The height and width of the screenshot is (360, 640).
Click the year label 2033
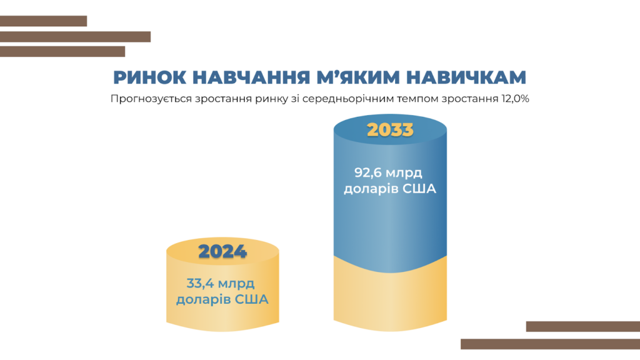pyautogui.click(x=390, y=130)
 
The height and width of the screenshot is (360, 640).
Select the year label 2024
pyautogui.click(x=222, y=251)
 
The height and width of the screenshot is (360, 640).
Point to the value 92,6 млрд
pyautogui.click(x=388, y=172)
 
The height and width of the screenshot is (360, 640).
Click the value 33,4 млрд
pyautogui.click(x=221, y=283)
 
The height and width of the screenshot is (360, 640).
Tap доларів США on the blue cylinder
pyautogui.click(x=390, y=189)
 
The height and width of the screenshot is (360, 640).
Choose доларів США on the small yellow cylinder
pyautogui.click(x=222, y=299)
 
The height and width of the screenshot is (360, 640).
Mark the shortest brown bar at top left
pyautogui.click(x=43, y=21)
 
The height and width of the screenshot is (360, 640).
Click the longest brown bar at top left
pyautogui.click(x=75, y=37)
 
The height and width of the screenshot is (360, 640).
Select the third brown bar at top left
pyautogui.click(x=62, y=51)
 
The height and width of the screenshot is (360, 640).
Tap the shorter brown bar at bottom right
pyautogui.click(x=583, y=326)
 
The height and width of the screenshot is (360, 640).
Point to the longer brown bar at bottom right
pyautogui.click(x=550, y=344)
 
